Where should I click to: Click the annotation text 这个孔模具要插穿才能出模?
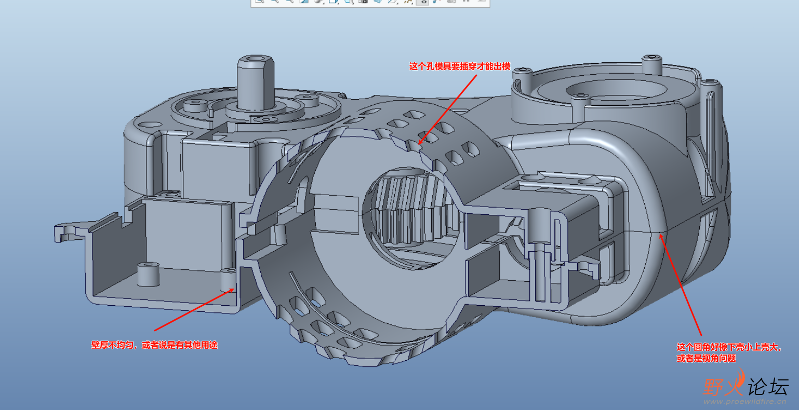460,66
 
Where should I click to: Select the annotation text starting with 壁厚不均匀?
154,345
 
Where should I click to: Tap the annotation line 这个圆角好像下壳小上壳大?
728,347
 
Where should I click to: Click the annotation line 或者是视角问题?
706,359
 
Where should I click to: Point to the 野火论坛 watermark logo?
746,386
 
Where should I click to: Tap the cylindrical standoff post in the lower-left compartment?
147,275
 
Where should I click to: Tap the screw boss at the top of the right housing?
651,63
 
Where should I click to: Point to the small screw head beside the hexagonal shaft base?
265,120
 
